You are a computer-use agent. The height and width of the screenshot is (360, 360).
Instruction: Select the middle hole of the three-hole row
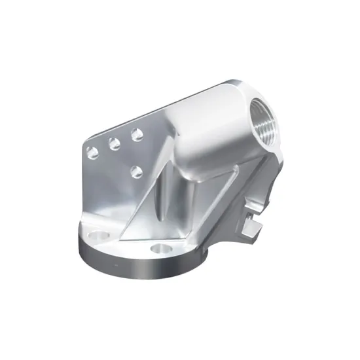click(114, 144)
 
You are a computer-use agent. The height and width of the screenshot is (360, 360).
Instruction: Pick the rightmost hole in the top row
click(137, 134)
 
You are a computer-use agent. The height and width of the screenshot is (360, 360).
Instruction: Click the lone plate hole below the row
click(137, 171)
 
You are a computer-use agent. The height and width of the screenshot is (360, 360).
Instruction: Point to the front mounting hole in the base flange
click(159, 249)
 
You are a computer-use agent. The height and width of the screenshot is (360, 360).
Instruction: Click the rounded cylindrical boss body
click(209, 124)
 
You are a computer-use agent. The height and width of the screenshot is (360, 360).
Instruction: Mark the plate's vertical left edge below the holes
click(84, 190)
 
